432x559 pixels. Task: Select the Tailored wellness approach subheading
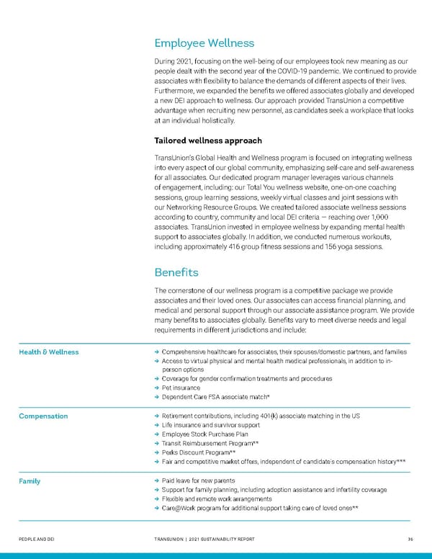[x=208, y=140]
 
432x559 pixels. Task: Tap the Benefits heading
[x=178, y=273]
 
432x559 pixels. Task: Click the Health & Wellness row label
[x=49, y=352]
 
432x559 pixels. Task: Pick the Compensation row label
[x=44, y=416]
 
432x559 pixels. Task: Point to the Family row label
[x=30, y=481]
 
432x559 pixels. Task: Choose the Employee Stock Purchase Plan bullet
[x=205, y=434]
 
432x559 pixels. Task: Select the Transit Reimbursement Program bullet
[x=211, y=444]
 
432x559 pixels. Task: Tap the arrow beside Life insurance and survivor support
[x=157, y=426]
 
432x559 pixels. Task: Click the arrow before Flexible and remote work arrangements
[x=157, y=499]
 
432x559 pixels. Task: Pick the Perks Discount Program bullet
[x=199, y=453]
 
